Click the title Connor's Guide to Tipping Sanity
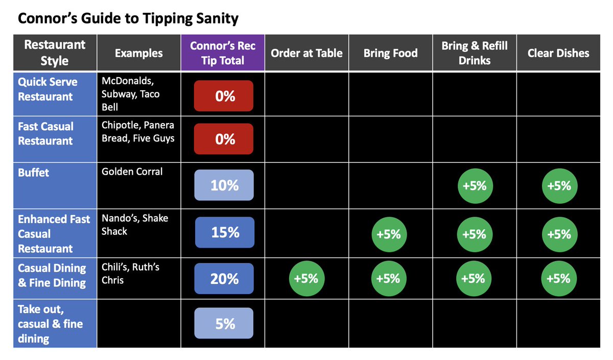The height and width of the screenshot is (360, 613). [x=128, y=19]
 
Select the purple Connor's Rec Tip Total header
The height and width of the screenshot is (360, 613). [x=223, y=53]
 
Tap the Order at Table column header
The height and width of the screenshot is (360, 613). [x=307, y=53]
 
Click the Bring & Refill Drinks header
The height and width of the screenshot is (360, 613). [x=475, y=53]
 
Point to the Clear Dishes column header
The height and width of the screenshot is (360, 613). [x=558, y=53]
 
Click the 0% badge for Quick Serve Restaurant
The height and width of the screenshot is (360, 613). [x=224, y=96]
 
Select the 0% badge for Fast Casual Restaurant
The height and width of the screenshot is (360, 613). [x=224, y=139]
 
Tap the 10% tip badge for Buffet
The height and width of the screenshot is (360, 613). [x=224, y=185]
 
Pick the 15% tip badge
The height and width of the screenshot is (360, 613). [x=225, y=232]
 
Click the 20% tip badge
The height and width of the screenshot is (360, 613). [x=224, y=278]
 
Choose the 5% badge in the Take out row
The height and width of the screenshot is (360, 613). [x=224, y=323]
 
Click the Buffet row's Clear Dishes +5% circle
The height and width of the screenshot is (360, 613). [x=560, y=186]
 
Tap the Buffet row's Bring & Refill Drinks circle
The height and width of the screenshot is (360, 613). [x=475, y=186]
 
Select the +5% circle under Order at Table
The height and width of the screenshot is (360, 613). [x=307, y=278]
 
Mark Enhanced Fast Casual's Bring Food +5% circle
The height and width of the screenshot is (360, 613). [x=389, y=234]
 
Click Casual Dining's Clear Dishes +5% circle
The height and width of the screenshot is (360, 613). [x=559, y=278]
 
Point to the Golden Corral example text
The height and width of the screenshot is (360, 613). [x=132, y=172]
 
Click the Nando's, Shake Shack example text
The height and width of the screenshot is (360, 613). [x=135, y=225]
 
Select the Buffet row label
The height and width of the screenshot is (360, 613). [x=33, y=173]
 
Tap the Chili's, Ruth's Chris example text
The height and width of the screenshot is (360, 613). [x=130, y=273]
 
